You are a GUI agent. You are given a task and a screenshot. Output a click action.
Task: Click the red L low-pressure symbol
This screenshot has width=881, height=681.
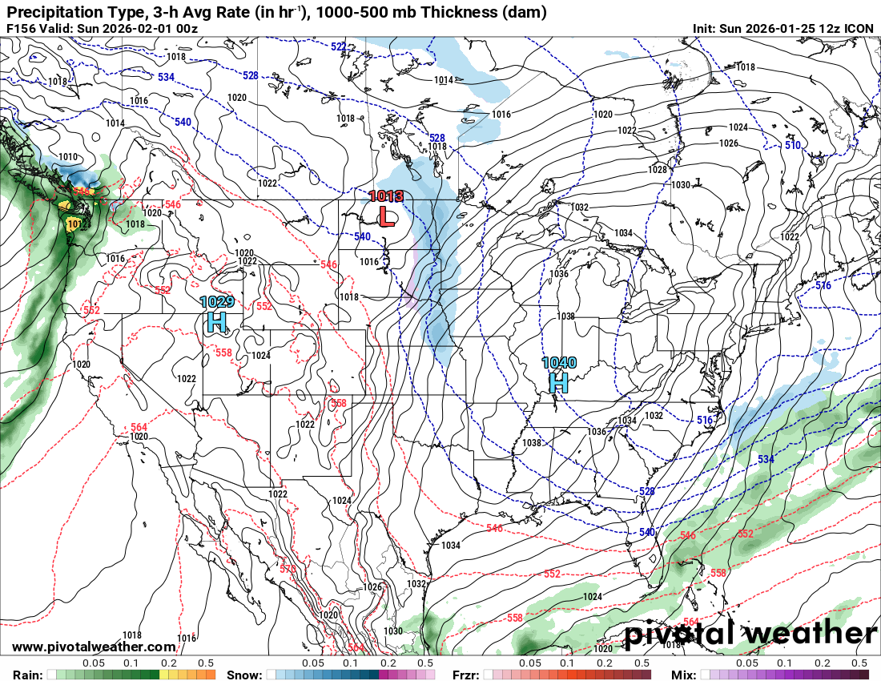(x=386, y=216)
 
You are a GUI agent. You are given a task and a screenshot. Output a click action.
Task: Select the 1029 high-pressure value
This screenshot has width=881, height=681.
(x=216, y=302)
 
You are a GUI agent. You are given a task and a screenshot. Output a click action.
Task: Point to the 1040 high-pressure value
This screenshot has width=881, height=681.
(x=558, y=363)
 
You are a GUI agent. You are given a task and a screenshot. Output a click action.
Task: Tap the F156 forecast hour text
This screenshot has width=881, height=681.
(x=21, y=29)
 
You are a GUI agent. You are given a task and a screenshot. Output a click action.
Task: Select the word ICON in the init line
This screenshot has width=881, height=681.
(x=859, y=29)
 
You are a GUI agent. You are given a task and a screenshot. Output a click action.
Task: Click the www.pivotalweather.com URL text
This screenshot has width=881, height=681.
(x=94, y=647)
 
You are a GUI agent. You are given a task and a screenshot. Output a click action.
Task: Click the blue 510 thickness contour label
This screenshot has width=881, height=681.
(x=792, y=145)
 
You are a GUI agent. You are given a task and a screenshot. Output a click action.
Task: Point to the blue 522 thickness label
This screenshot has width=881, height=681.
(x=339, y=47)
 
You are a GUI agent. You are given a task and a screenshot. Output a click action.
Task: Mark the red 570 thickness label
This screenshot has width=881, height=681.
(x=288, y=569)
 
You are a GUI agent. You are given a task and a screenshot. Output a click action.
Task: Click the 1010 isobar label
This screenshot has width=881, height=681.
(x=68, y=157)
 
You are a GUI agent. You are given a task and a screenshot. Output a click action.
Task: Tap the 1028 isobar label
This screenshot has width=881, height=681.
(x=657, y=170)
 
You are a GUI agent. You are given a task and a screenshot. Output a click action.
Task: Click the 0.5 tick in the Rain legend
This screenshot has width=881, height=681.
(x=206, y=663)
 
